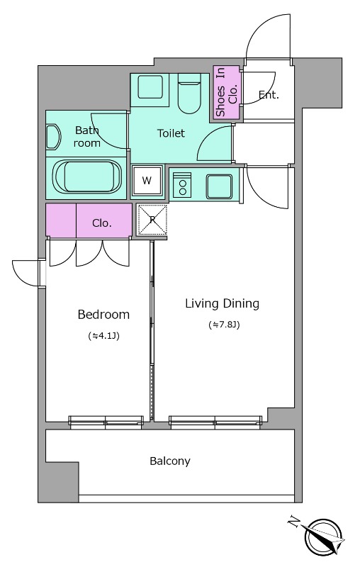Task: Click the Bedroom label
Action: click(103, 314)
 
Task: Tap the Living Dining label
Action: click(222, 303)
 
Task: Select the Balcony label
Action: click(170, 461)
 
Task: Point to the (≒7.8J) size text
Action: click(224, 325)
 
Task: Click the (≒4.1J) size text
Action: click(103, 335)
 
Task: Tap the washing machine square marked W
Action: click(147, 180)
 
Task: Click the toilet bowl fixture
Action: click(189, 93)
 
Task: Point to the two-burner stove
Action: click(182, 185)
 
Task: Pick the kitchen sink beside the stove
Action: click(219, 186)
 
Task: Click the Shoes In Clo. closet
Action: click(226, 92)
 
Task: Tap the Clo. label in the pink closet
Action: click(102, 223)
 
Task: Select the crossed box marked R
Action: click(152, 219)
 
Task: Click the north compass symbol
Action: click(323, 537)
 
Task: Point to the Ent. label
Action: click(269, 95)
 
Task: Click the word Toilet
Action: click(171, 133)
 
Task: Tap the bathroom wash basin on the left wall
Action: click(53, 137)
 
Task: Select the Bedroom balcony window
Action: click(106, 422)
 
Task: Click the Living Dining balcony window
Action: click(215, 422)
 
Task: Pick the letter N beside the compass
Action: click(294, 522)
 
